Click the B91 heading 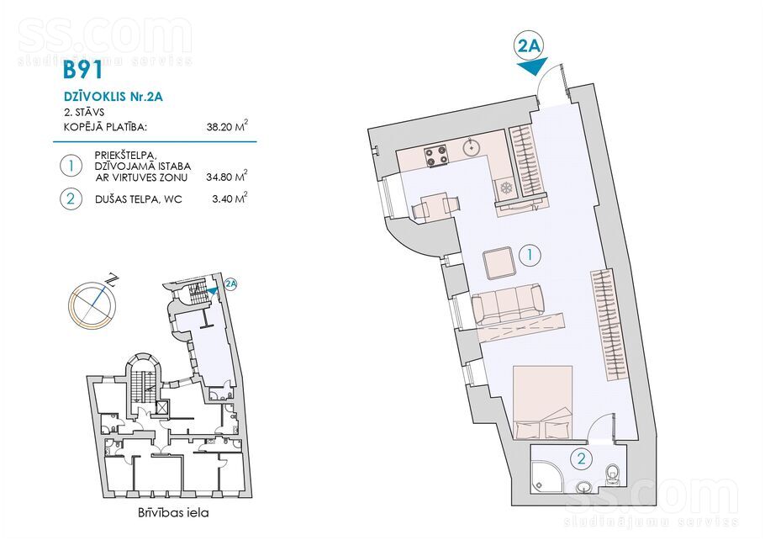point(83,70)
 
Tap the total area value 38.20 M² point(227,127)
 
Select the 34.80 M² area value point(227,177)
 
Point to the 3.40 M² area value point(229,199)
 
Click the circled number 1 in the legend point(71,166)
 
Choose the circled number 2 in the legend point(71,199)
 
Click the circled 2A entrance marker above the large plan point(530,46)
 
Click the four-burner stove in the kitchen point(436,156)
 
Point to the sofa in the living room point(508,304)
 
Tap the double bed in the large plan point(542,402)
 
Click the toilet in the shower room point(612,474)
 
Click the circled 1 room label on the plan point(530,255)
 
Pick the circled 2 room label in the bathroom point(581,458)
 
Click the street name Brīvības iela point(172,512)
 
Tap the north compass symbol point(92,303)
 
